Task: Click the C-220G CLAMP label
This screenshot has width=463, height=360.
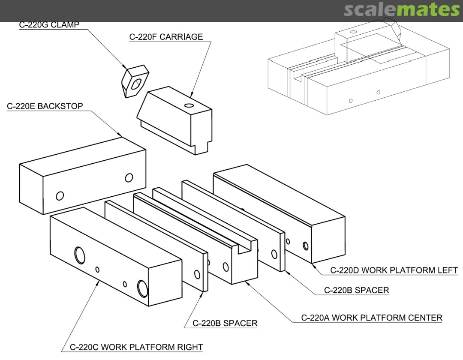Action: (x=49, y=25)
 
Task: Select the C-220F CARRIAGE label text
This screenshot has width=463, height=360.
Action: (x=166, y=37)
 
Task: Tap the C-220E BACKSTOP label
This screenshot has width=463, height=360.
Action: (x=45, y=106)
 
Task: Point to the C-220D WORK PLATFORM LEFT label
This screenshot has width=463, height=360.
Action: (x=394, y=270)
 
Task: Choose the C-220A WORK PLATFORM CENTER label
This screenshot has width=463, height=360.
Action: (x=372, y=318)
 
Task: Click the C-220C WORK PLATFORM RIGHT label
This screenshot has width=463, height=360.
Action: (x=136, y=347)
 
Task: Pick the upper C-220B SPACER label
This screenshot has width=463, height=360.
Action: (x=357, y=290)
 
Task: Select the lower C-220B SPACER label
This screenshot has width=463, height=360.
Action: (x=225, y=323)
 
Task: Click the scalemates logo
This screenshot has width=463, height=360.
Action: (x=402, y=10)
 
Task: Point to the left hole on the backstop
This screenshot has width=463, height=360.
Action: (x=60, y=196)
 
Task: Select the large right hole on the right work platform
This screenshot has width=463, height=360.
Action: (x=142, y=288)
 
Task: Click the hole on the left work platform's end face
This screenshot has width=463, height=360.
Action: (x=305, y=246)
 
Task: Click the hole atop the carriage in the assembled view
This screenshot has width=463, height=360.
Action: (x=353, y=31)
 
